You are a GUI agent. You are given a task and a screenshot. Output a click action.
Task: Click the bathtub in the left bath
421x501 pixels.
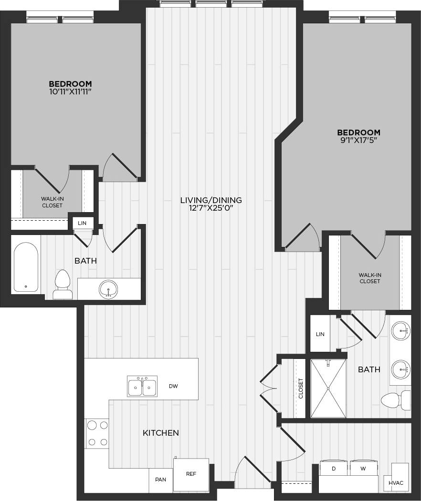(x=26, y=267)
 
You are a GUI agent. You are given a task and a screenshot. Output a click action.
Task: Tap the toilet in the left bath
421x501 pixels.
(x=63, y=285)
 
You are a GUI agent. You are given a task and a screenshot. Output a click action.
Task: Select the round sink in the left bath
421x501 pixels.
(x=108, y=289)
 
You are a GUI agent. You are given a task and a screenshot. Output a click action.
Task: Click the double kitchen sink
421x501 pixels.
(x=142, y=386)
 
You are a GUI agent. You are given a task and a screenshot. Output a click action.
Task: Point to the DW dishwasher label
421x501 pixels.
(x=173, y=386)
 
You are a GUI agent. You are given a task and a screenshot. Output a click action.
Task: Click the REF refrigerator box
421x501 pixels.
(x=191, y=474)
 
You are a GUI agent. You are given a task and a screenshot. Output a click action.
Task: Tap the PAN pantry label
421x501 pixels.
(x=161, y=479)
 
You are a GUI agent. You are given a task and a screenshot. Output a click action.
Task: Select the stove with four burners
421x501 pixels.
(x=97, y=433)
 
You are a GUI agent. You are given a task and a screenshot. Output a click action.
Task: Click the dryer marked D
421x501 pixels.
(x=334, y=469)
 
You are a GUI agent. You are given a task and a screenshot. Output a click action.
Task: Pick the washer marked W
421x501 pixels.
(x=363, y=469)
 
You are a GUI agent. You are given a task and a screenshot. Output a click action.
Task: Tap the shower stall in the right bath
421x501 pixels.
(x=328, y=389)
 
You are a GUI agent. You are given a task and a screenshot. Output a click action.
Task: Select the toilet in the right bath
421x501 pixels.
(x=396, y=400)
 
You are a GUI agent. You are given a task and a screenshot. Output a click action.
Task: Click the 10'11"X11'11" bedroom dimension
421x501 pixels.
(x=70, y=91)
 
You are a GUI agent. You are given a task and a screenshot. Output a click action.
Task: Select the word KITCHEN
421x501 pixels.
(x=161, y=433)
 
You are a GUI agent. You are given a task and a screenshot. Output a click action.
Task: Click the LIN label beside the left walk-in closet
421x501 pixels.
(x=82, y=223)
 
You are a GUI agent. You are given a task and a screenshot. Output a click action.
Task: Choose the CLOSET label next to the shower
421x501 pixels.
(x=300, y=389)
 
